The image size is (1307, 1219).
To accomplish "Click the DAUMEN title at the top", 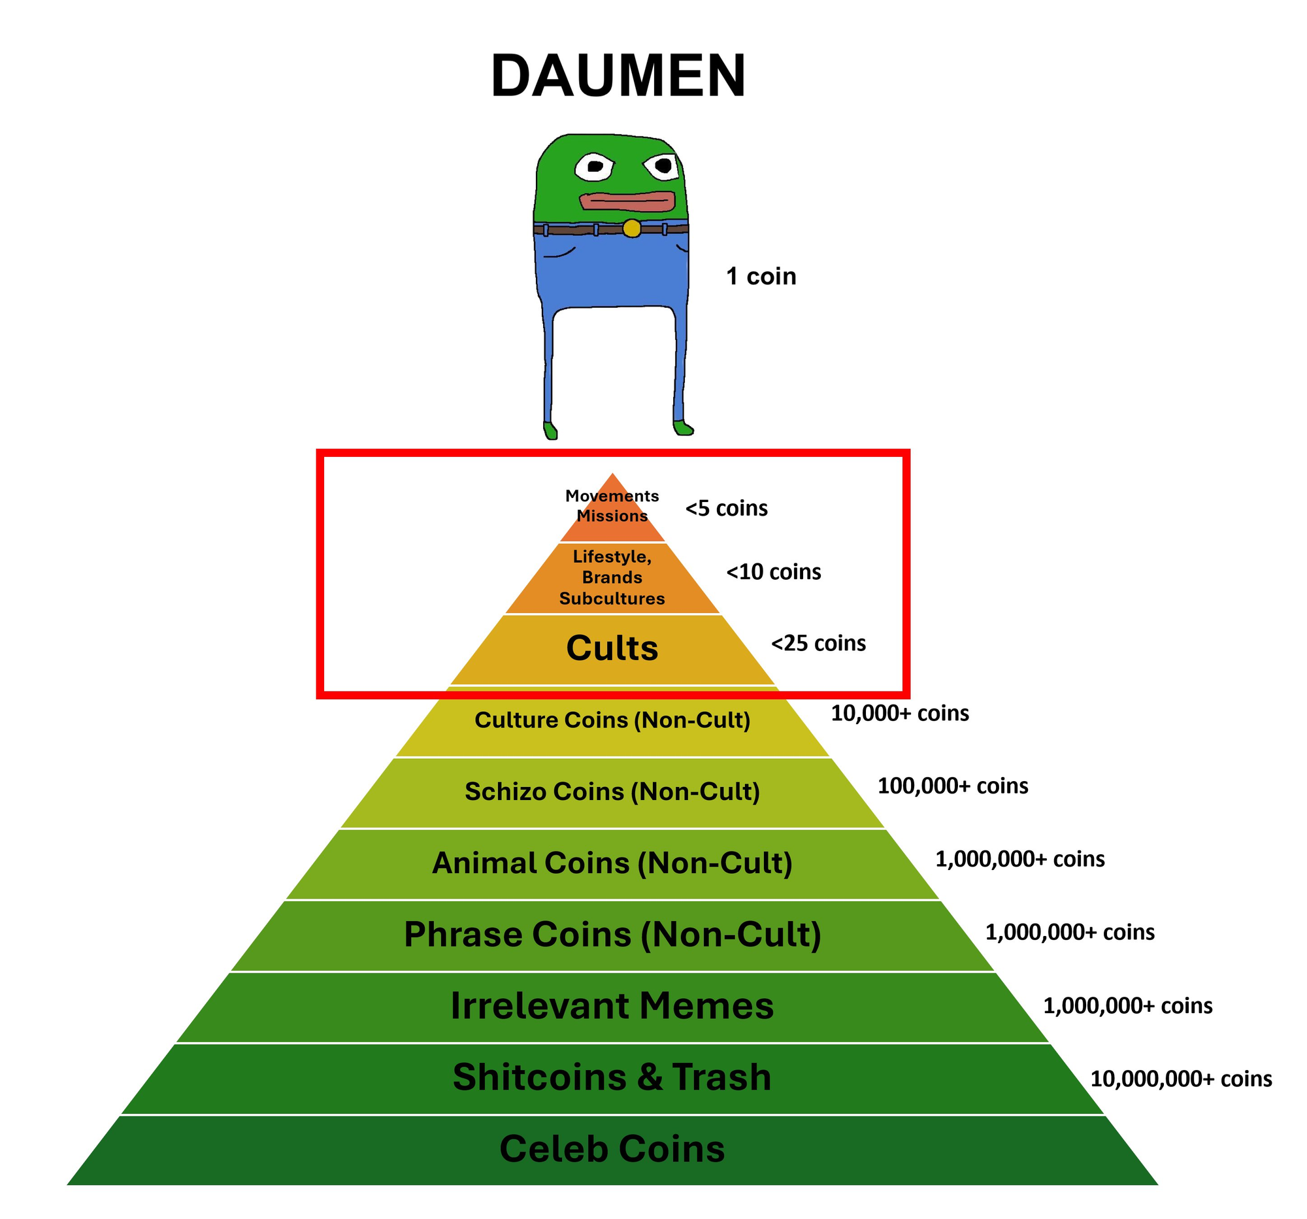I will pos(618,76).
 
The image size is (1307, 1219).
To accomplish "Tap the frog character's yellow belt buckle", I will pos(632,228).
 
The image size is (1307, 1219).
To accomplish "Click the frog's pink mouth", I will pos(627,201).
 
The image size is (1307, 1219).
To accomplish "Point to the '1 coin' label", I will pos(761,276).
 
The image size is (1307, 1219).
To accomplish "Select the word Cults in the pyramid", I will pos(612,648).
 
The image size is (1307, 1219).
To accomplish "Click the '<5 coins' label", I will pos(727,509).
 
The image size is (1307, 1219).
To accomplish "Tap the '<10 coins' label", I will pos(773,572).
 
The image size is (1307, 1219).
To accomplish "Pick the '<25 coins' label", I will pos(819,643).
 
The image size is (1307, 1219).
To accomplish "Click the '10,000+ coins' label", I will pos(899,713).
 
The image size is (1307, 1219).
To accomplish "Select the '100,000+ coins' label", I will pos(953,786).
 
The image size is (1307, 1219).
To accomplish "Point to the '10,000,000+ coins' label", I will pos(1181,1079).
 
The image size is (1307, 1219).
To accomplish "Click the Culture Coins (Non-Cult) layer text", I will pos(612,720).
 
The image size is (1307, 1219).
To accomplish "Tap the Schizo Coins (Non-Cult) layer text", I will pos(612,792).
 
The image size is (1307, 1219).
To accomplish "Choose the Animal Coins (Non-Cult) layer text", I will pos(612,863).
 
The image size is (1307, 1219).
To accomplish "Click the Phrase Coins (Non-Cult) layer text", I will pos(612,935).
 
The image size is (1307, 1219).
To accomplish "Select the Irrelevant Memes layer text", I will pos(612,1007).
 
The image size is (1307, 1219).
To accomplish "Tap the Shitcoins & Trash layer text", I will pos(612,1078).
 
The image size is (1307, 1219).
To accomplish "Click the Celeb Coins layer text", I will pos(612,1149).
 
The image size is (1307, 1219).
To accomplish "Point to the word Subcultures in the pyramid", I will pos(612,599).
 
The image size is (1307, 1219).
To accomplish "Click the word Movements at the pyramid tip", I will pos(612,496).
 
